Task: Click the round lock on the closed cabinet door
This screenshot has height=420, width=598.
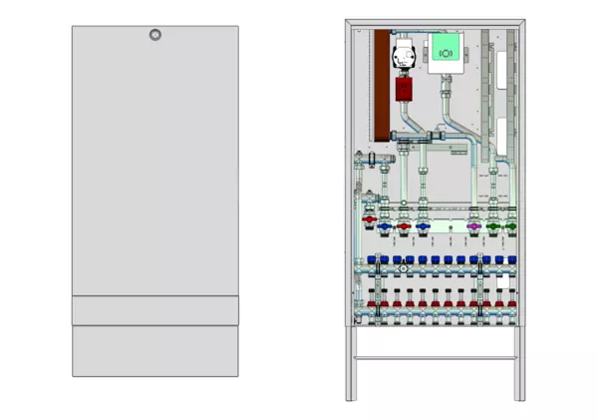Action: pyautogui.click(x=154, y=36)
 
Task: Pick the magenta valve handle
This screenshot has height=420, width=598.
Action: pyautogui.click(x=473, y=227)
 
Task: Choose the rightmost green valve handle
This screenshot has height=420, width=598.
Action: pyautogui.click(x=510, y=227)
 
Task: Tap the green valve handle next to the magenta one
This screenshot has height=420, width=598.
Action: pyautogui.click(x=494, y=227)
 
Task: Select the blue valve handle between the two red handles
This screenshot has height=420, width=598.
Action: pyautogui.click(x=385, y=228)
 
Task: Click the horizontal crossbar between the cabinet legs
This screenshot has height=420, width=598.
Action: pyautogui.click(x=435, y=357)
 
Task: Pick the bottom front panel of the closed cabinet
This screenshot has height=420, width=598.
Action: pyautogui.click(x=154, y=350)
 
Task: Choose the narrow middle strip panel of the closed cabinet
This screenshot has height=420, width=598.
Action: pyautogui.click(x=154, y=310)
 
